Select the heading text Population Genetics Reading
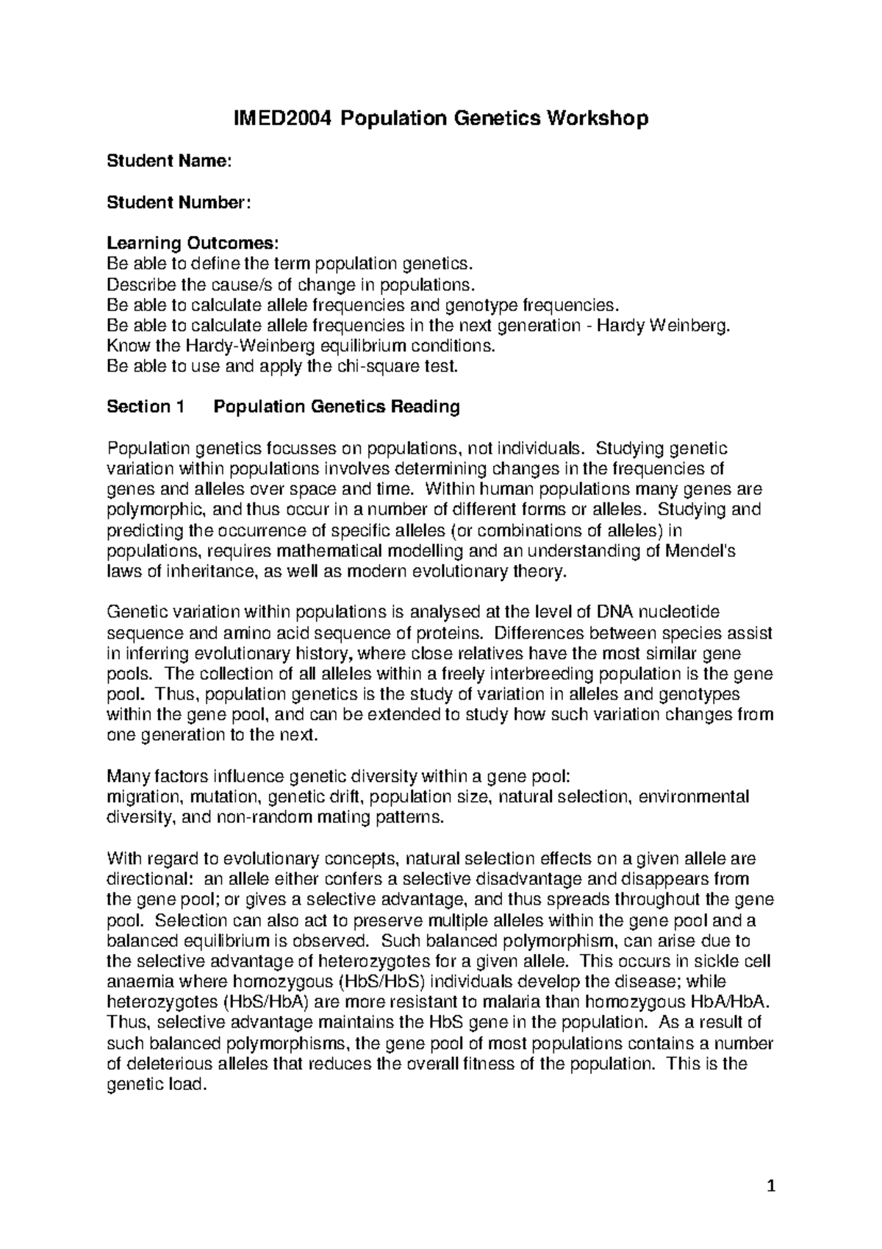point(336,407)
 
